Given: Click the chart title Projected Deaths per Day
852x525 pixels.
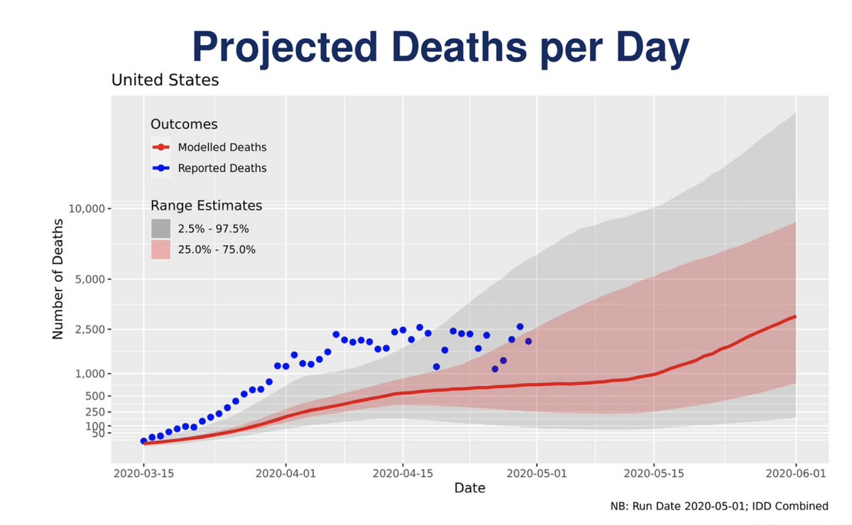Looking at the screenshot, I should [x=440, y=48].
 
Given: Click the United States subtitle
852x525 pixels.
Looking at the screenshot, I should [x=165, y=80].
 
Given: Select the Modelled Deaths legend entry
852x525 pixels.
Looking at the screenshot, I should [x=222, y=148].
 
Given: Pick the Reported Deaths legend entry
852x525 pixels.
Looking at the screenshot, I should [x=222, y=168].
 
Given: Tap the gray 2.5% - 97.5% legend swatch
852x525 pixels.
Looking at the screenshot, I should [x=160, y=228].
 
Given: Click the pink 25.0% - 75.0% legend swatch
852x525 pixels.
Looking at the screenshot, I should [x=160, y=249].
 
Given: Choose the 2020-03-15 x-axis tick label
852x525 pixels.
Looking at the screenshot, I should [x=143, y=472].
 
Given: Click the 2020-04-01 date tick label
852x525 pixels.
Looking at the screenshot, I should [x=285, y=472].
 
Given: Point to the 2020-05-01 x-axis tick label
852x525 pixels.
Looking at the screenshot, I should [x=537, y=472].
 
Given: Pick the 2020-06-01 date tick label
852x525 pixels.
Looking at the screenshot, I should [x=795, y=472].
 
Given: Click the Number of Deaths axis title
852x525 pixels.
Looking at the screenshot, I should [x=59, y=278].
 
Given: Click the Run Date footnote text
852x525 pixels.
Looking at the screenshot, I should [x=719, y=507].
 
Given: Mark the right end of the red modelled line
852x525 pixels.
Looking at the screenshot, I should [x=795, y=317].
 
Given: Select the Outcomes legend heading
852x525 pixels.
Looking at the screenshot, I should [x=184, y=124].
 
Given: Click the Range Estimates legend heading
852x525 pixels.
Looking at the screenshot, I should [x=207, y=206].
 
